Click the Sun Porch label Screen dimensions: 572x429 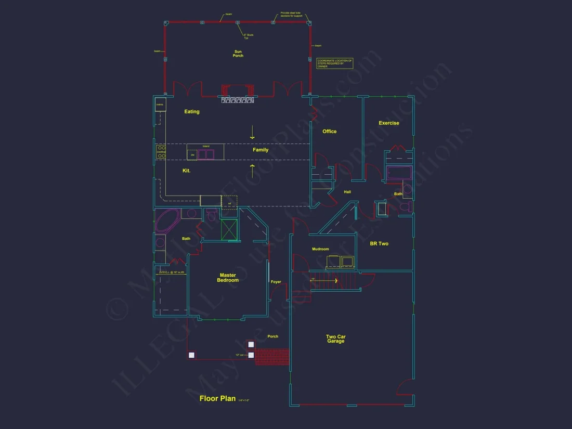pos(238,54)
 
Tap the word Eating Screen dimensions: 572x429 pos(192,112)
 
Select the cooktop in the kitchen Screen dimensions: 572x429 pos(161,152)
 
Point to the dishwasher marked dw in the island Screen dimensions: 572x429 pos(192,154)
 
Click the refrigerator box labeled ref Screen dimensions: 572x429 pos(229,201)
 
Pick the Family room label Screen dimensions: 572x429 pos(261,150)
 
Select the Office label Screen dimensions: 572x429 pos(329,132)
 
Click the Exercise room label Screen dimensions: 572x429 pos(389,123)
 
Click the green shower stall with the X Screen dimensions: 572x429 pos(230,229)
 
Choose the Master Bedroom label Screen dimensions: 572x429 pos(228,278)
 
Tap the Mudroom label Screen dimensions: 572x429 pos(320,249)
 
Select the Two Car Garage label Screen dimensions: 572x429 pos(335,339)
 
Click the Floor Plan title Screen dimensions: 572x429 pos(217,399)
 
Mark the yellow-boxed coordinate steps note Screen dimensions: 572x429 pos(334,63)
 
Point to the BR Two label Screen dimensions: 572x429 pos(379,243)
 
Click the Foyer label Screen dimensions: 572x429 pos(276,282)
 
